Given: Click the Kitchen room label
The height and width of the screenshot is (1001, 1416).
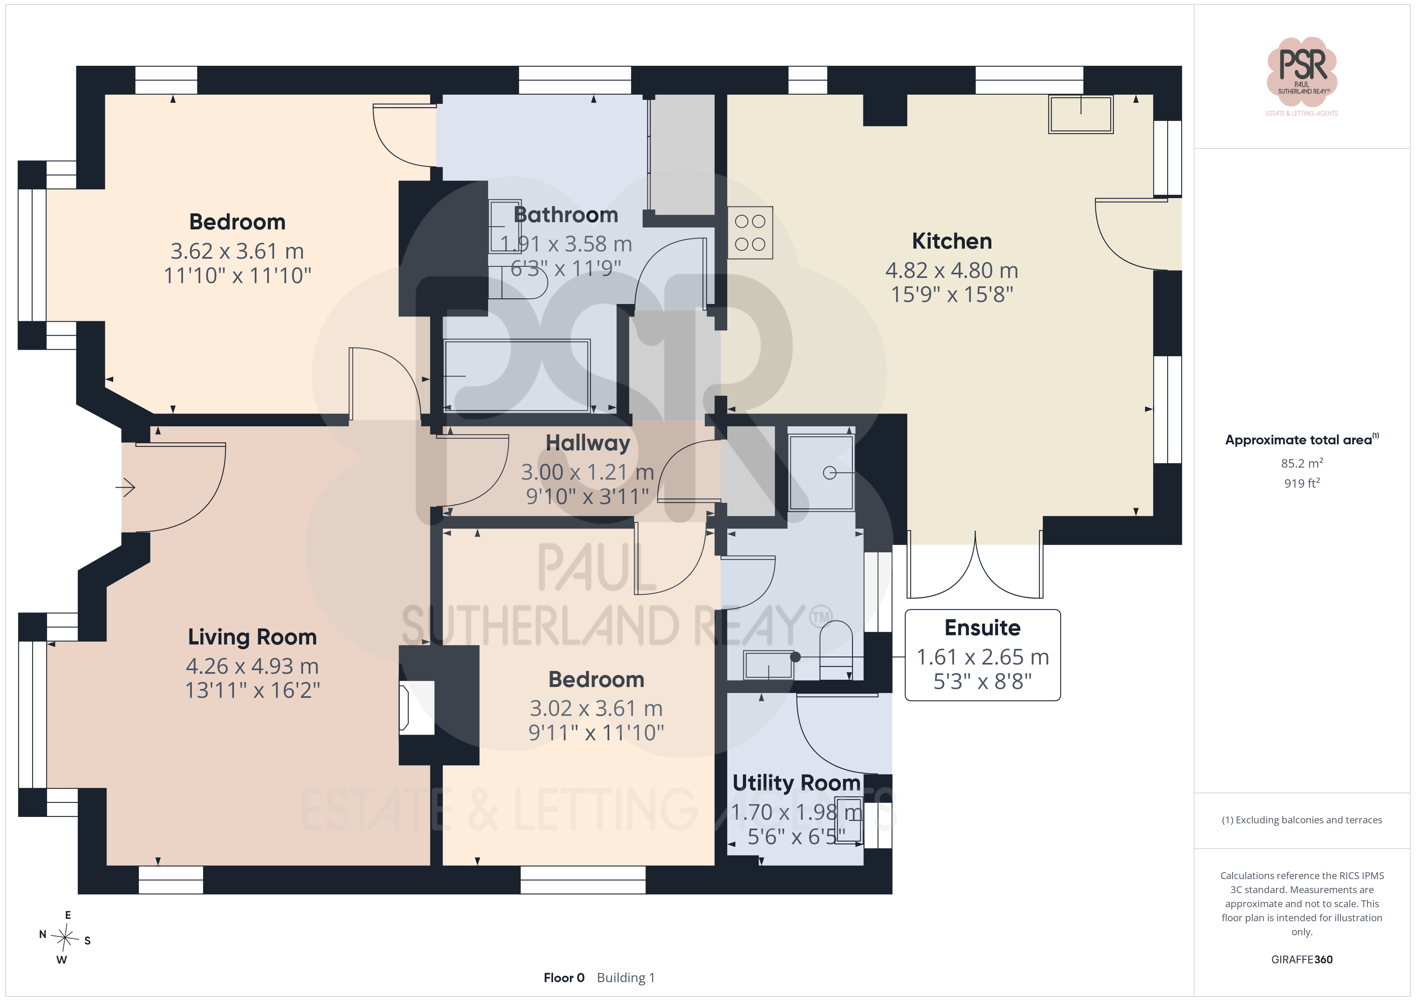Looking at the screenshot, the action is point(952,241).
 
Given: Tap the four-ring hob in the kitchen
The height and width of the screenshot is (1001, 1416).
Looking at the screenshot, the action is point(750,232).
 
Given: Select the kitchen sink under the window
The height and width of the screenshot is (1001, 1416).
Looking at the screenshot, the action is point(1080,114).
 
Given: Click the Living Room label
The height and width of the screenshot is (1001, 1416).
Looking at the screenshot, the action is point(252,637).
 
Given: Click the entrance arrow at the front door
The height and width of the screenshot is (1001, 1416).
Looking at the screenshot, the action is point(125,488).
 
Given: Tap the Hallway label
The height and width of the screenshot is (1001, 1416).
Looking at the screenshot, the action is point(588,443).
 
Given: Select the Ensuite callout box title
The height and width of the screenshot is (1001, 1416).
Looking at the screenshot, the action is point(983,628).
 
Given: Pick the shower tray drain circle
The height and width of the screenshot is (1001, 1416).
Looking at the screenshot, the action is point(830,473).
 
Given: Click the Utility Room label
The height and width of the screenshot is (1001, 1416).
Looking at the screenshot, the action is point(796,783).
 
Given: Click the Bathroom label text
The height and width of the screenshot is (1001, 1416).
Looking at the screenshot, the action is point(566,215).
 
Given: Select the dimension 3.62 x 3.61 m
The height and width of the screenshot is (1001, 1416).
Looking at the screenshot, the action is point(238,251).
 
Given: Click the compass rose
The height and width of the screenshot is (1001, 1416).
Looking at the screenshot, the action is point(65,938).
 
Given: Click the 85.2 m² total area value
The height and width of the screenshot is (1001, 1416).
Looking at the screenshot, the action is point(1302,463).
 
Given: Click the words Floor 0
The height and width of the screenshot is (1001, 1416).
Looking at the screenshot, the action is point(564,978).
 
